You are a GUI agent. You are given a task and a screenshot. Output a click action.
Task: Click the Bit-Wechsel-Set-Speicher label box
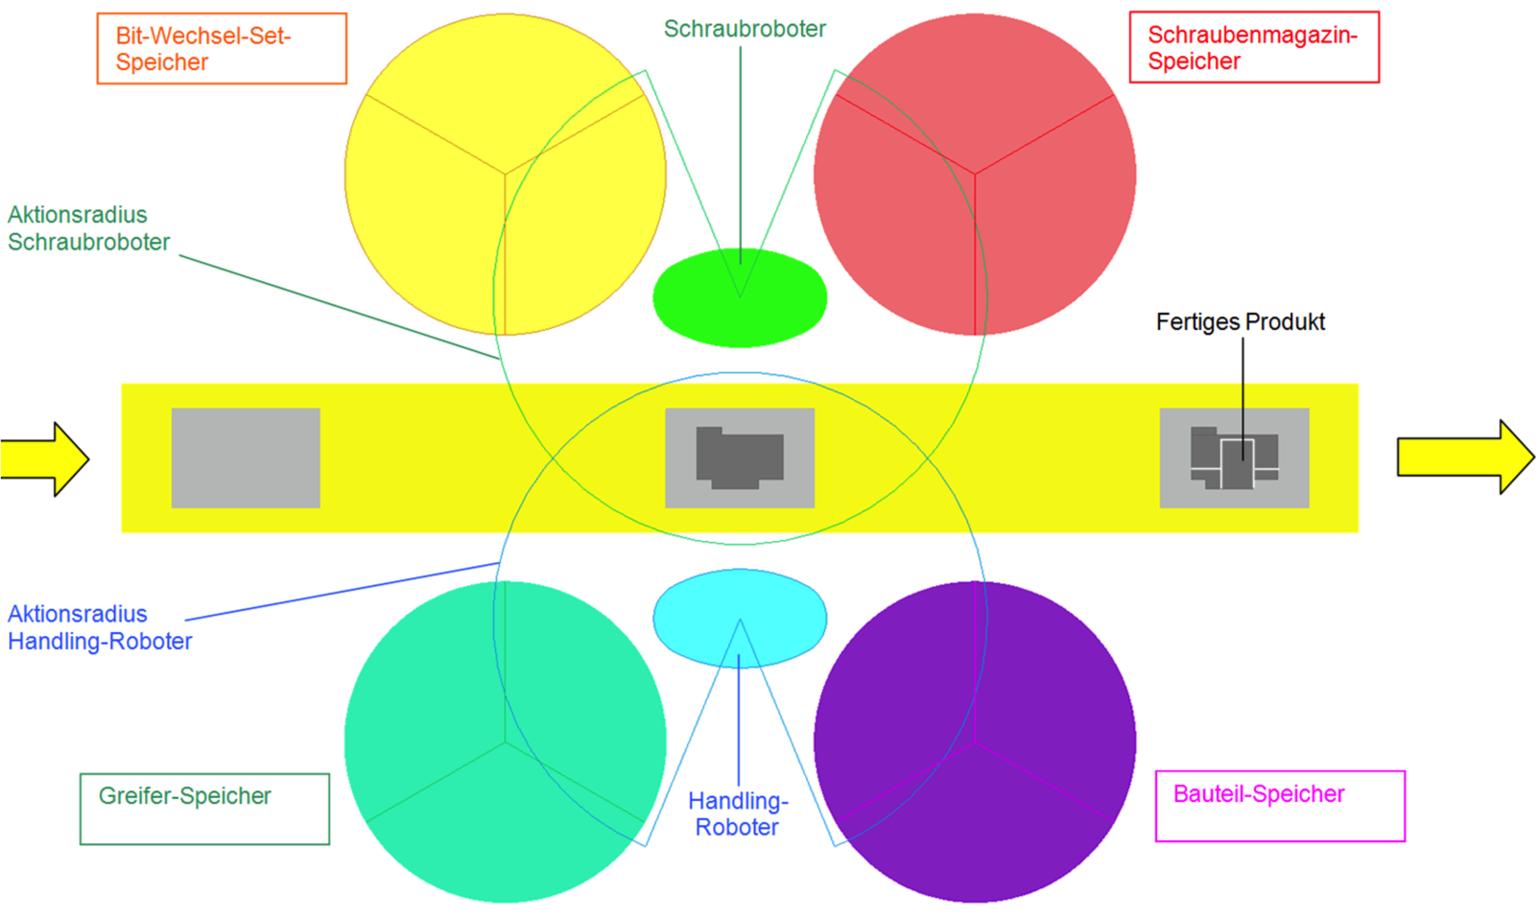click(222, 49)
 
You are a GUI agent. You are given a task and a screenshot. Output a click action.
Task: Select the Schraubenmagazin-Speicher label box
click(1253, 48)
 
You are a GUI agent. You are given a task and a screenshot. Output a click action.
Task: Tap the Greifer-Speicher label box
click(204, 809)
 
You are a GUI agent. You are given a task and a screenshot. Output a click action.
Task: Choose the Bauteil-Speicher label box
click(1280, 806)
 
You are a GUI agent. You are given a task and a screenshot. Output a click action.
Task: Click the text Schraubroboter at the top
click(745, 29)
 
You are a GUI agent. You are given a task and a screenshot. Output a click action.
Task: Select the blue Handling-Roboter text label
click(738, 813)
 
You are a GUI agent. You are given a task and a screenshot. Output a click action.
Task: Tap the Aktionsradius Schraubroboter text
click(88, 228)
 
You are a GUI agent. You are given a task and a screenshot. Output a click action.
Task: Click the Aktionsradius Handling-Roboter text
click(100, 627)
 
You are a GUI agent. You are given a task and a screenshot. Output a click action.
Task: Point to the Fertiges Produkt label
click(1240, 322)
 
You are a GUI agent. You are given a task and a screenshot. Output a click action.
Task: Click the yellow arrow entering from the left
click(44, 458)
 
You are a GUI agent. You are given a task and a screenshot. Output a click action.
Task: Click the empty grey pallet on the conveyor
click(246, 457)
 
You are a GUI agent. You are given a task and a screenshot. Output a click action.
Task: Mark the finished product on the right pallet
click(1235, 459)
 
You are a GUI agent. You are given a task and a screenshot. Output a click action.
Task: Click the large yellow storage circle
click(432, 192)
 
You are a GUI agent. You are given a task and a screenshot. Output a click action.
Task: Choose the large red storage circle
click(1046, 192)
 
